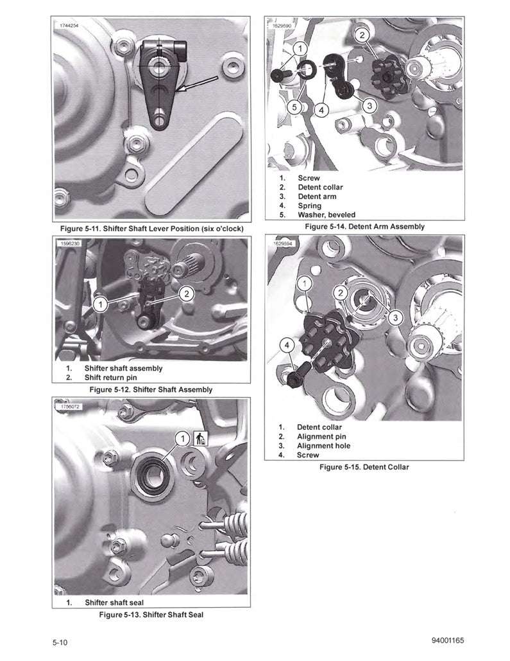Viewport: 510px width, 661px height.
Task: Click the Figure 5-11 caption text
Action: (x=151, y=229)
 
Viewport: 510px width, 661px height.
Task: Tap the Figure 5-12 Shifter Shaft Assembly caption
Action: (x=151, y=389)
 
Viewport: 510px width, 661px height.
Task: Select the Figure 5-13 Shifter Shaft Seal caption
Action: (x=151, y=615)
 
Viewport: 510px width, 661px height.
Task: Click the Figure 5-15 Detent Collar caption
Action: (x=364, y=467)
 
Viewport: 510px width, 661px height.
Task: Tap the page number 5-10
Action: (x=62, y=642)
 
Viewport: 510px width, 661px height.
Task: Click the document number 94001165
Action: (x=443, y=640)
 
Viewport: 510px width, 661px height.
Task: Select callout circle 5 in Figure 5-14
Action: (x=294, y=107)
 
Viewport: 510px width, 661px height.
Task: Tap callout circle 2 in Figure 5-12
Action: (x=186, y=294)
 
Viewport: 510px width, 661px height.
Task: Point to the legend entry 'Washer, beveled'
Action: (x=326, y=215)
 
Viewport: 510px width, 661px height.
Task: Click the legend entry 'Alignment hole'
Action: (x=323, y=445)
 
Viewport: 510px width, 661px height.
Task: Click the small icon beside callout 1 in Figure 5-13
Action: (x=199, y=438)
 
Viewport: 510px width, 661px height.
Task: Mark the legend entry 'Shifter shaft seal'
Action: (x=114, y=603)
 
